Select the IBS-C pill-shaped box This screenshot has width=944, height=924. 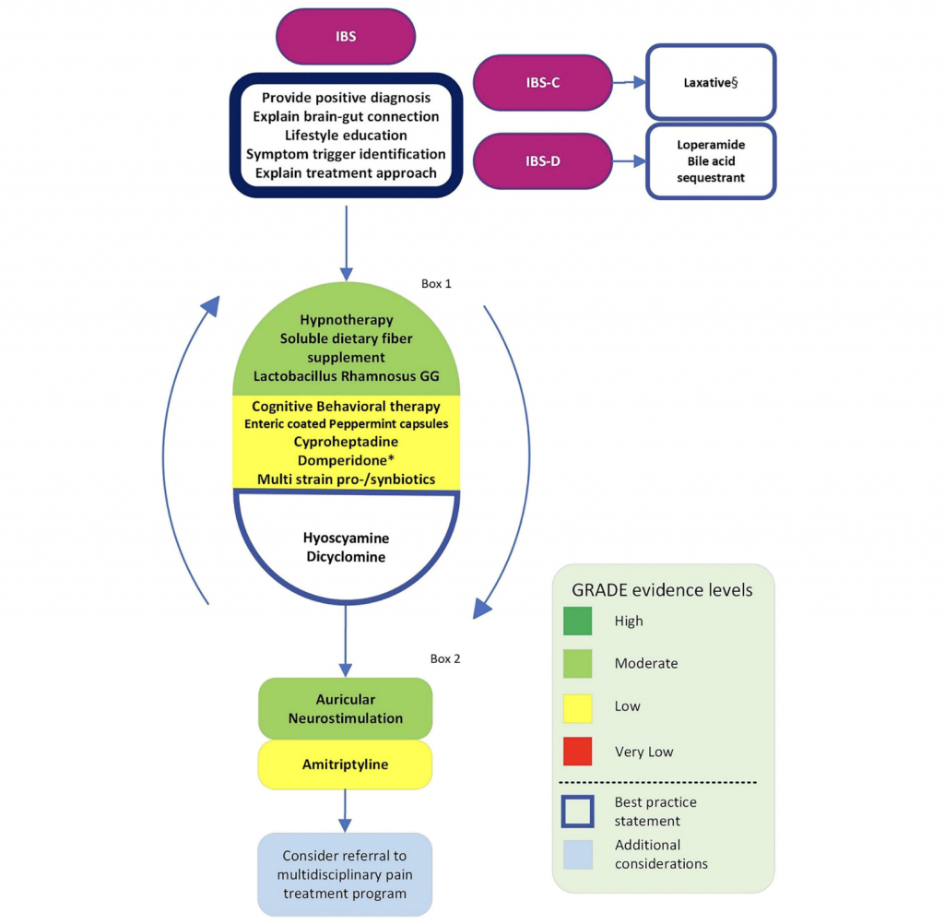tap(543, 83)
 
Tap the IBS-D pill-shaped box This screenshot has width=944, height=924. tap(543, 160)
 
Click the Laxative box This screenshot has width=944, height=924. tap(711, 83)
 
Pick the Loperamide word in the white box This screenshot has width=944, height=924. tap(711, 145)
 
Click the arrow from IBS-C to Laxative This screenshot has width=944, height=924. tap(630, 83)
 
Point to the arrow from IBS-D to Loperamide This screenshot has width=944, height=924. tap(630, 161)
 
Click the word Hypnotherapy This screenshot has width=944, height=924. tap(346, 319)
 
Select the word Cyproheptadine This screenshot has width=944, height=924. tap(346, 442)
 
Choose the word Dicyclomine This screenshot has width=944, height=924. tap(346, 557)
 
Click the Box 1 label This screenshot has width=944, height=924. tap(436, 284)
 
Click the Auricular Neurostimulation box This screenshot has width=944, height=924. tap(346, 709)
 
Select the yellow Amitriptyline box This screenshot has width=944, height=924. tap(346, 765)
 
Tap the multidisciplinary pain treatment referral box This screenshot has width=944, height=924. tap(346, 874)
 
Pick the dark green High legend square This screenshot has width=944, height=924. tap(577, 621)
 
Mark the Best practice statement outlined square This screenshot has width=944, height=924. tap(578, 811)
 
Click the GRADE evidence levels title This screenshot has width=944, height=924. tap(663, 590)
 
